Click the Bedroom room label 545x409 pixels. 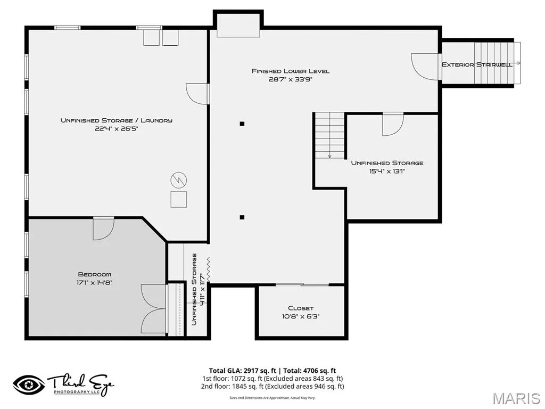tap(95, 274)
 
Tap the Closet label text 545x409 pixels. tap(301, 308)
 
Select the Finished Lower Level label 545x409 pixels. tap(291, 71)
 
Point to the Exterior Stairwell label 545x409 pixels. tap(477, 64)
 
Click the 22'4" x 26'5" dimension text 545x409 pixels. tap(117, 129)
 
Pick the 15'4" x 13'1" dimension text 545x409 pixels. tap(387, 171)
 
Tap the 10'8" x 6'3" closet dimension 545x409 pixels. tap(301, 316)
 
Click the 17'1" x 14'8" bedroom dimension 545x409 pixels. tap(95, 283)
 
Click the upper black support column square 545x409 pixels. tap(242, 124)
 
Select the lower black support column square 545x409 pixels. tap(242, 217)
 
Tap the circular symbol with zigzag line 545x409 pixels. tap(179, 180)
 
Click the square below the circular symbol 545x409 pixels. tap(179, 199)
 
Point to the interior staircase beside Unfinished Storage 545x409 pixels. tap(329, 135)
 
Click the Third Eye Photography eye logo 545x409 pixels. tap(29, 385)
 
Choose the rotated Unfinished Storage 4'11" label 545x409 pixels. tap(199, 289)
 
